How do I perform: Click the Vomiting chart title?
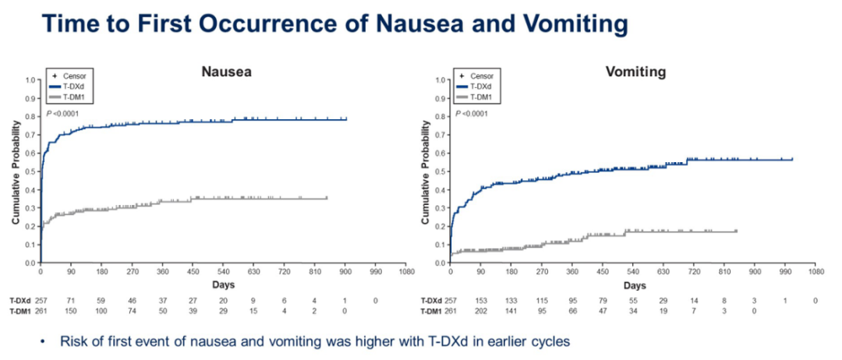(x=635, y=72)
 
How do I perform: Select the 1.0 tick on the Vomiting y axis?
(x=440, y=80)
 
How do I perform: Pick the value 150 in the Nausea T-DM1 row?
(x=71, y=311)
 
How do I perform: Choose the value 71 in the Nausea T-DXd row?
(x=71, y=300)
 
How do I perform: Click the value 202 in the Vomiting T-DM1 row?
(x=480, y=311)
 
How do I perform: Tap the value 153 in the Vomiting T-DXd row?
(x=480, y=300)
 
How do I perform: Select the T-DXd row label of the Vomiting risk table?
(x=432, y=300)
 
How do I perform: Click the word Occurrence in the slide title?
(x=288, y=24)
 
